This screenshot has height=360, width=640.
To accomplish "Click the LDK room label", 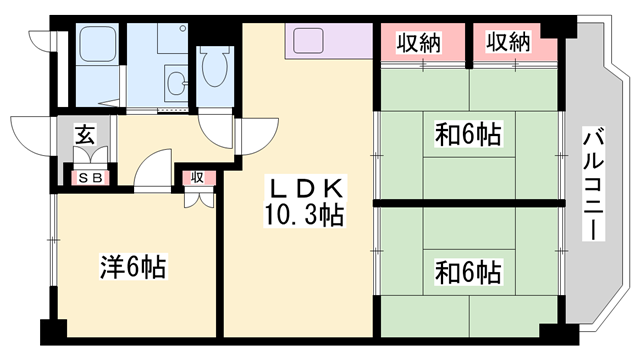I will pyautogui.click(x=306, y=188).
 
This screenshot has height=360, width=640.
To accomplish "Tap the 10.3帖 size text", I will pyautogui.click(x=305, y=213).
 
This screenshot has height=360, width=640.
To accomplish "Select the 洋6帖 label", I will pyautogui.click(x=133, y=267).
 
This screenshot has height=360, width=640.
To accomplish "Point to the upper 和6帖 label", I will pyautogui.click(x=468, y=132).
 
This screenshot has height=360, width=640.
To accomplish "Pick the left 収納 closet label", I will pyautogui.click(x=419, y=42).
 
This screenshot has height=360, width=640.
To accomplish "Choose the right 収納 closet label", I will pyautogui.click(x=507, y=42).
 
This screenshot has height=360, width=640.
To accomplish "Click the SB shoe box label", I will pyautogui.click(x=89, y=178).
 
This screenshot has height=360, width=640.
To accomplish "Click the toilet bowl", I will pyautogui.click(x=213, y=71).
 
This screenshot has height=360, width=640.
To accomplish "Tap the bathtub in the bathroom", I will pyautogui.click(x=98, y=50).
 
